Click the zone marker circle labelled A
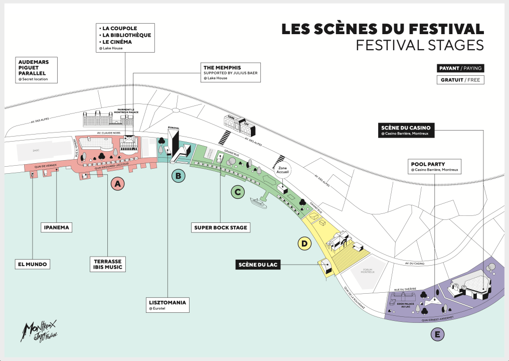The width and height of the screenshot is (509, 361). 118,185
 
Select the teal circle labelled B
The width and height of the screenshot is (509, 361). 178,176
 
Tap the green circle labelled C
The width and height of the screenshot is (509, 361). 237,191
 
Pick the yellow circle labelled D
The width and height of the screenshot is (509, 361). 304,244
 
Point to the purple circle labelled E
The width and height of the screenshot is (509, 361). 438,334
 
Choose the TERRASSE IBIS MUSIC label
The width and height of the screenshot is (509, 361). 107,265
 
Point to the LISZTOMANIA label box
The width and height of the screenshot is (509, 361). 167,305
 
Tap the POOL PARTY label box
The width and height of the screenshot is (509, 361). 434,167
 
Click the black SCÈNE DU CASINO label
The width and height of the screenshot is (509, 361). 406,130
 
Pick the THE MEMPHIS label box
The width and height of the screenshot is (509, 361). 226,72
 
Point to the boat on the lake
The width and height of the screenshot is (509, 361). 258,202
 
